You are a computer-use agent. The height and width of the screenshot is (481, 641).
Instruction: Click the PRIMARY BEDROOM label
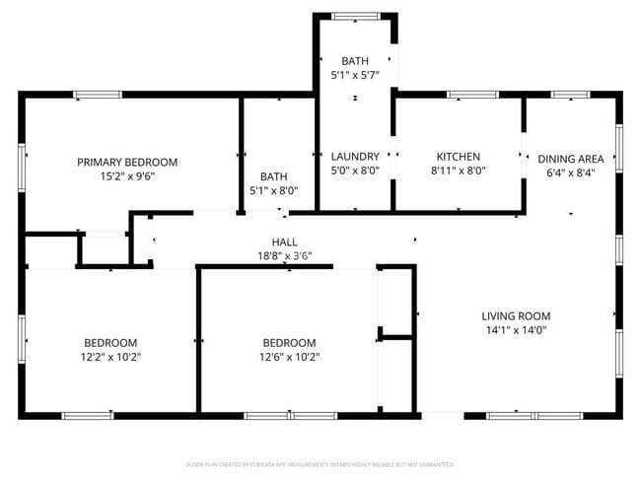coord(127,162)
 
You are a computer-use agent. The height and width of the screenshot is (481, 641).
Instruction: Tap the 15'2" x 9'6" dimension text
coord(127,177)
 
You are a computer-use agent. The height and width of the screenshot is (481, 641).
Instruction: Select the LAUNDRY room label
coord(355,156)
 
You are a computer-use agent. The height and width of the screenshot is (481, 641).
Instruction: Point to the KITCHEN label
coord(459,156)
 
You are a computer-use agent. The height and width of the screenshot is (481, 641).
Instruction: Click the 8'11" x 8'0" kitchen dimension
coord(459,171)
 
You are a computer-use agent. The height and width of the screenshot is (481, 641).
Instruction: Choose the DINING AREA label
coord(571,158)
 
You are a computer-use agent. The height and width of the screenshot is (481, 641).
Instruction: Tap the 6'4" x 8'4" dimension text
coord(571,172)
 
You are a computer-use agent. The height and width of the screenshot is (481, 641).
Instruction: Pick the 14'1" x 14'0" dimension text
coord(515,331)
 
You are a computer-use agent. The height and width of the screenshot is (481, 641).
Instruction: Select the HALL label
coord(284,241)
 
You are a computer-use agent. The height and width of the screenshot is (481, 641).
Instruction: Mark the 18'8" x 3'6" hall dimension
coord(284,256)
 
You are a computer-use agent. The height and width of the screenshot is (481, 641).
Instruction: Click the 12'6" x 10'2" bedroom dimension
coord(289,357)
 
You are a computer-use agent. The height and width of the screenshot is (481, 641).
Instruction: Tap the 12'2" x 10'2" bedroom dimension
coord(110,357)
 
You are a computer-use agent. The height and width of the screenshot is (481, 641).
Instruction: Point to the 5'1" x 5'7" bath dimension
coord(355,75)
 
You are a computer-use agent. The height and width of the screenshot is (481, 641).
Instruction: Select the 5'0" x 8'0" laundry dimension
coord(355,171)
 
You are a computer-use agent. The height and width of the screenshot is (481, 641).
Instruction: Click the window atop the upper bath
coord(355,16)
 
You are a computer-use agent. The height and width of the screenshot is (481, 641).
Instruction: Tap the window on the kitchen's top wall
coord(472,95)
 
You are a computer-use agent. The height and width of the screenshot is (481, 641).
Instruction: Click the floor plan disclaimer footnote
coord(320,463)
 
